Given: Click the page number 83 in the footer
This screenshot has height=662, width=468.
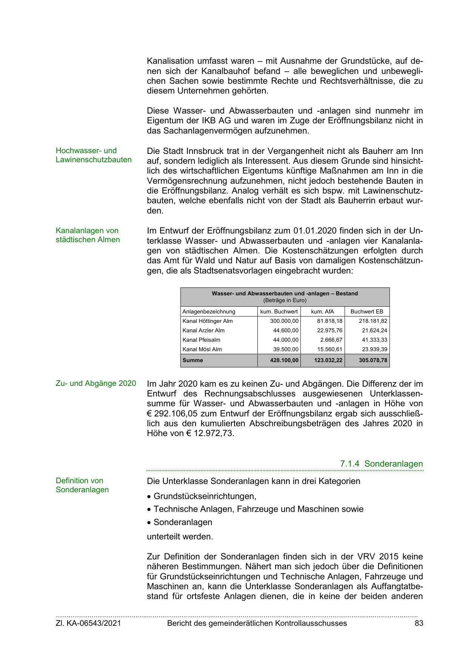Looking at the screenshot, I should click(419, 623).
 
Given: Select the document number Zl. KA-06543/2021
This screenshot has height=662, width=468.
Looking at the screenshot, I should click(88, 623).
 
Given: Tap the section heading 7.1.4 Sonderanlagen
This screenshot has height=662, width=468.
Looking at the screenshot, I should click(381, 464).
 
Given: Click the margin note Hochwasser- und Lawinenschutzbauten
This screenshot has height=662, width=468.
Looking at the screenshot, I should click(93, 155).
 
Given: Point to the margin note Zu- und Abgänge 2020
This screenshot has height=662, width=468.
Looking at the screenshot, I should click(95, 383).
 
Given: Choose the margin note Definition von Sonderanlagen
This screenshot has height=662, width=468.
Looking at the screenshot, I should click(82, 485).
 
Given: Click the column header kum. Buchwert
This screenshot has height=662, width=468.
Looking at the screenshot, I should click(279, 312).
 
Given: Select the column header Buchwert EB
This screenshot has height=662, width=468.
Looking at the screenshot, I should click(367, 312).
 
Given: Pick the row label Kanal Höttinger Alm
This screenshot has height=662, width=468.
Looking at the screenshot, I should click(208, 321).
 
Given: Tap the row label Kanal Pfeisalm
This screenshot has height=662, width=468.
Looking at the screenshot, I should click(201, 340).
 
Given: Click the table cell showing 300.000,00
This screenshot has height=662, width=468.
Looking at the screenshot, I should click(284, 321).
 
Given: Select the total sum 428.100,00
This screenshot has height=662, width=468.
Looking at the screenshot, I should click(284, 360).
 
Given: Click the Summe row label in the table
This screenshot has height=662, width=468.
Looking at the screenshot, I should click(193, 360).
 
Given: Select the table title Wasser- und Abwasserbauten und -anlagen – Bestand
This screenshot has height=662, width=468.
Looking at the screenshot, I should click(285, 293).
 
